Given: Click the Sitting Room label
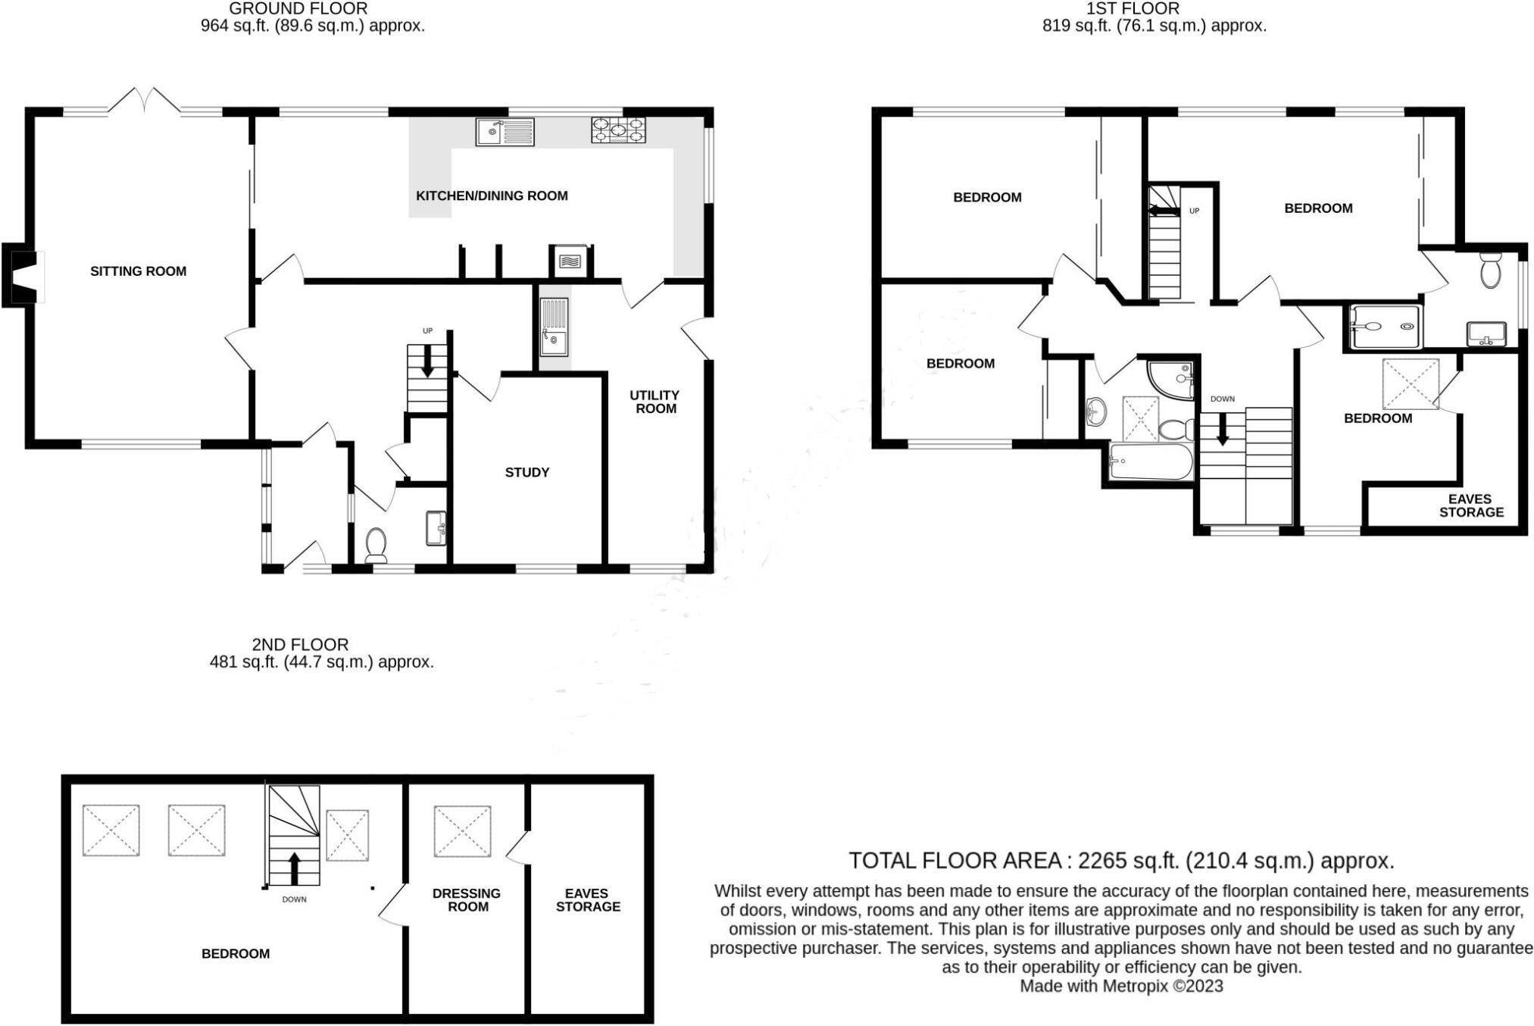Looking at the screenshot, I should pos(138,271).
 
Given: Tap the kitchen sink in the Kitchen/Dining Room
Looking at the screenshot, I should pos(505,133).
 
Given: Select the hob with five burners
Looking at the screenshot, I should pos(618,130).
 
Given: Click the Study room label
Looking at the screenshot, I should pos(526,473).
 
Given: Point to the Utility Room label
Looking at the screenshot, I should pos(655,402).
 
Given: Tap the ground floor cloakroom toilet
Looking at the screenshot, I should pos(376,545).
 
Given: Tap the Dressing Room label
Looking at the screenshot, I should pos(467,900).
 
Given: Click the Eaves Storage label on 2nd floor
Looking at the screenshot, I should pos(587,900).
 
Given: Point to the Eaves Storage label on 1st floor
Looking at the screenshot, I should pos(1470,505).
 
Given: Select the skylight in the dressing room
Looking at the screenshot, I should pos(462,831).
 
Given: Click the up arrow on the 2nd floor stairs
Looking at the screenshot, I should pos(294,868).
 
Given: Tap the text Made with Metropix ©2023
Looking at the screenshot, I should pos(1120,987).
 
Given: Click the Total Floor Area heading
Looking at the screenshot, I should pos(1120,861).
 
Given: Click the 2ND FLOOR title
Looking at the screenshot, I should pos(300,645).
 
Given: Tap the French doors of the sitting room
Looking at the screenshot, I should pos(143,102).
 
